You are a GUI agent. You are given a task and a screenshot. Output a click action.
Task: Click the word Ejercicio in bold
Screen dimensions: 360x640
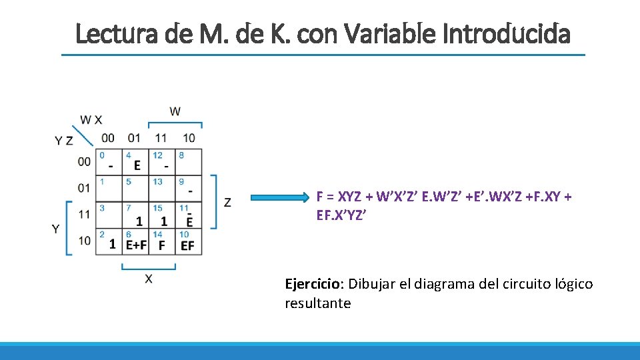[x=312, y=284]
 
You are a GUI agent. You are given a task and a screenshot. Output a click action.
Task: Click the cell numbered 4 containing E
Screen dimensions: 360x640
[x=136, y=162]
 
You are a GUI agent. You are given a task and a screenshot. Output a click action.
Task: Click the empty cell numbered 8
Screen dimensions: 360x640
[x=189, y=162]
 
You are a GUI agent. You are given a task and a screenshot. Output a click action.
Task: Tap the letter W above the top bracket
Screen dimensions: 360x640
[x=175, y=111]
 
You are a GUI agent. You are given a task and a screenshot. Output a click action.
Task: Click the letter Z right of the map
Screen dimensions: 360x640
[x=228, y=201]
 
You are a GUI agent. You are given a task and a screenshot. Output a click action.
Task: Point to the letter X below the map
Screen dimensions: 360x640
[x=148, y=278]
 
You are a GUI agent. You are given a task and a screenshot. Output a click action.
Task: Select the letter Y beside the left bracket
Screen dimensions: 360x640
[x=56, y=228]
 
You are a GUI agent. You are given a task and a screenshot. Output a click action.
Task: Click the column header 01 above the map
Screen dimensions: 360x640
[x=134, y=138]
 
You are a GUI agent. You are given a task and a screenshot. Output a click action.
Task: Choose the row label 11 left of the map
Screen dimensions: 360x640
[x=83, y=214]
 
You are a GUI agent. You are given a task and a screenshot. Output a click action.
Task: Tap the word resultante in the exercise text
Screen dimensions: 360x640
[x=317, y=303]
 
